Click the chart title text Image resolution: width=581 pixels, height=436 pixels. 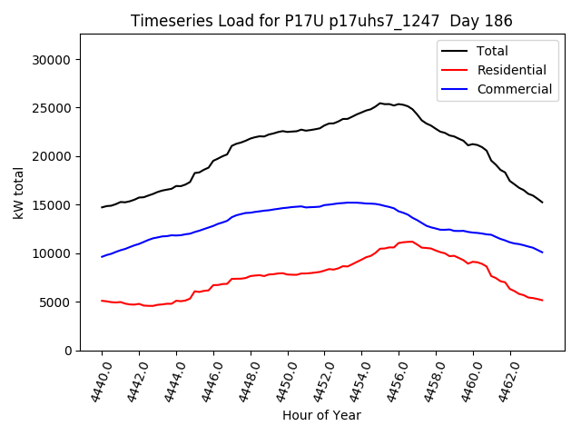tap(321, 21)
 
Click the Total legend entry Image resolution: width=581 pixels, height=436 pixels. tap(492, 51)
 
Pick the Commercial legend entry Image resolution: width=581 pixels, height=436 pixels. tap(514, 89)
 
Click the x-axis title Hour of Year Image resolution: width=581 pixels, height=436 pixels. tap(321, 415)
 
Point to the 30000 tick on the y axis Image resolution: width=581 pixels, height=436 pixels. tap(52, 60)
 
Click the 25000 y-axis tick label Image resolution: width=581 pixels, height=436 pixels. tap(52, 108)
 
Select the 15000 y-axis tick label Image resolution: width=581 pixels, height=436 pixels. tap(52, 205)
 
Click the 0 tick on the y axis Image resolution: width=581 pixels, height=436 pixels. tap(67, 351)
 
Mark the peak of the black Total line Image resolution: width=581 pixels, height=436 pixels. tap(380, 104)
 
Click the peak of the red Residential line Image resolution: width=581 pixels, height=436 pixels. tap(411, 242)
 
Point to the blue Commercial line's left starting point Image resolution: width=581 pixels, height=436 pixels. tap(102, 257)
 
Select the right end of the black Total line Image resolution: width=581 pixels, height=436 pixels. tap(542, 202)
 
